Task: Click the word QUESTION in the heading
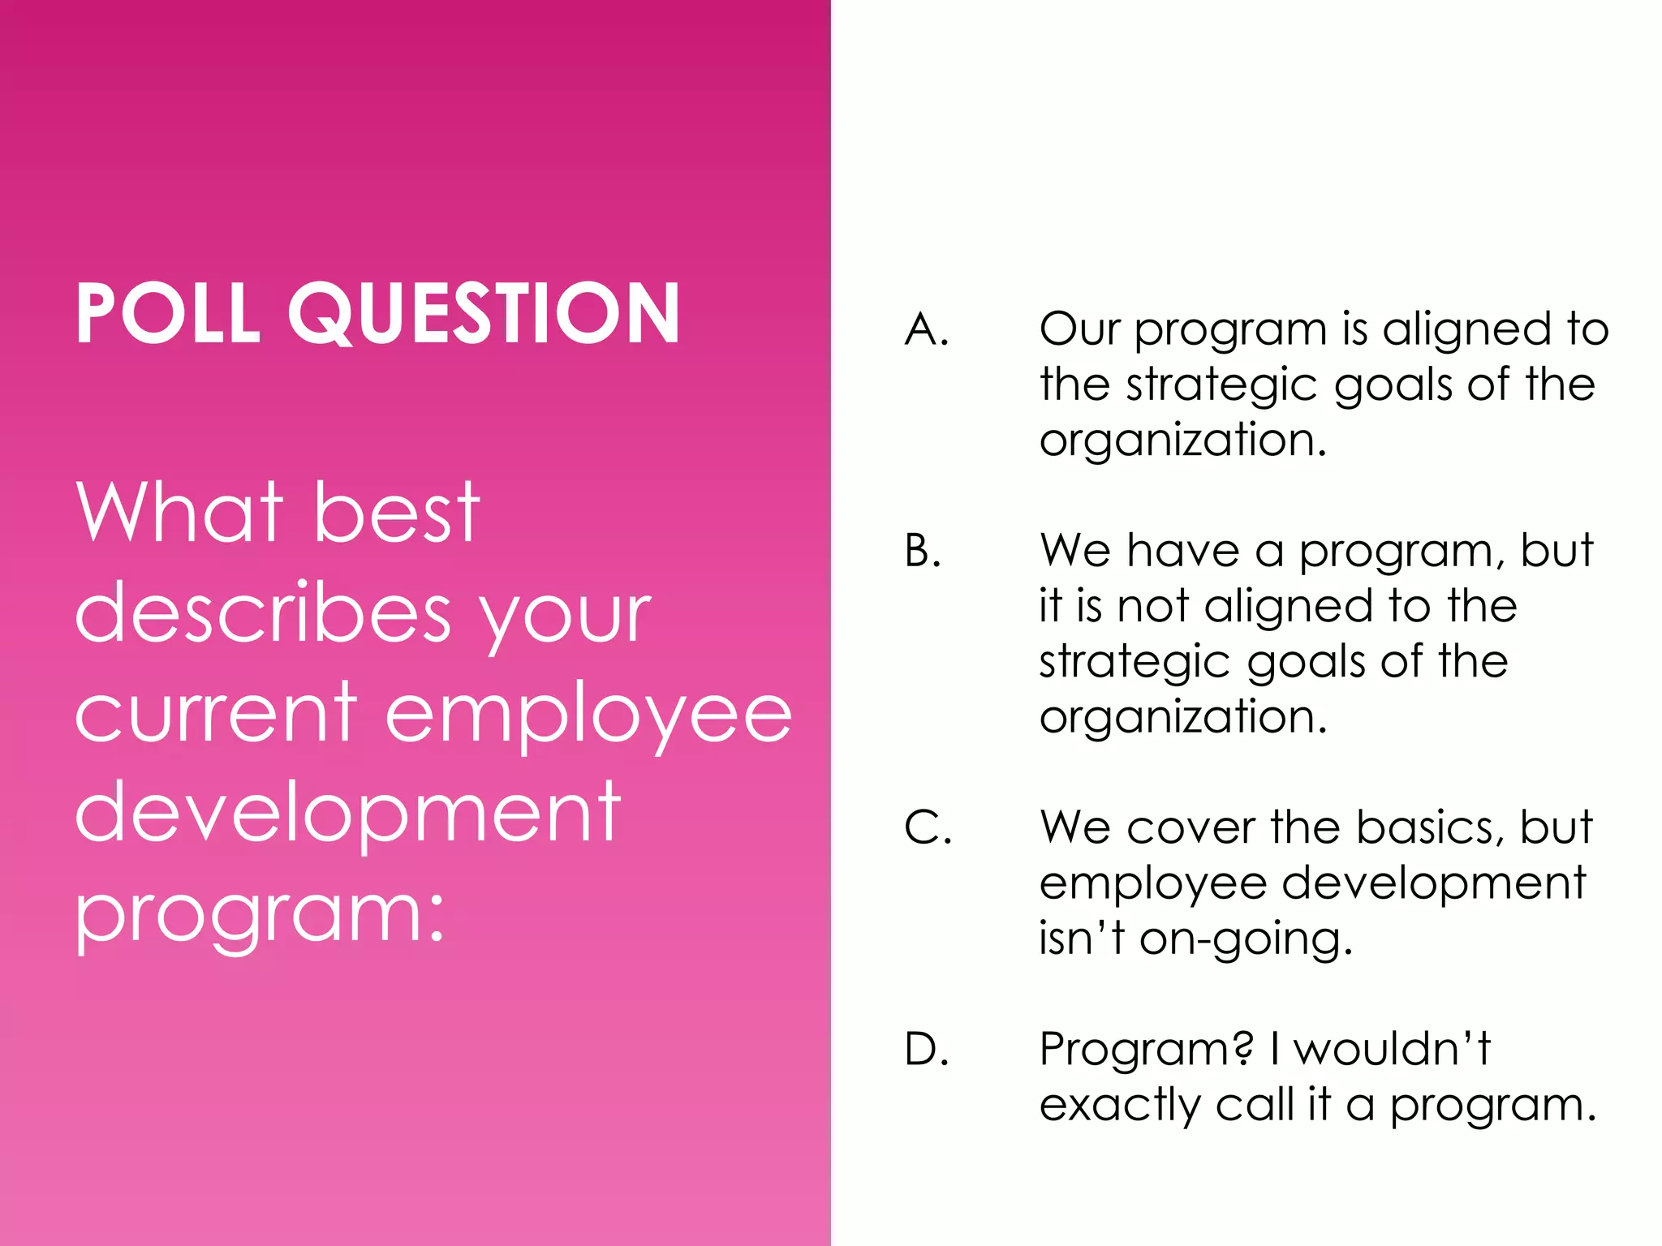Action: (484, 315)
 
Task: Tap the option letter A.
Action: (926, 330)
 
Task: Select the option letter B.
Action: (923, 551)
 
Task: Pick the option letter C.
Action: (928, 828)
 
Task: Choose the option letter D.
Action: (926, 1050)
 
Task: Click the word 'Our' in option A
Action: (1080, 330)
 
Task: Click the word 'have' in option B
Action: (1183, 551)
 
